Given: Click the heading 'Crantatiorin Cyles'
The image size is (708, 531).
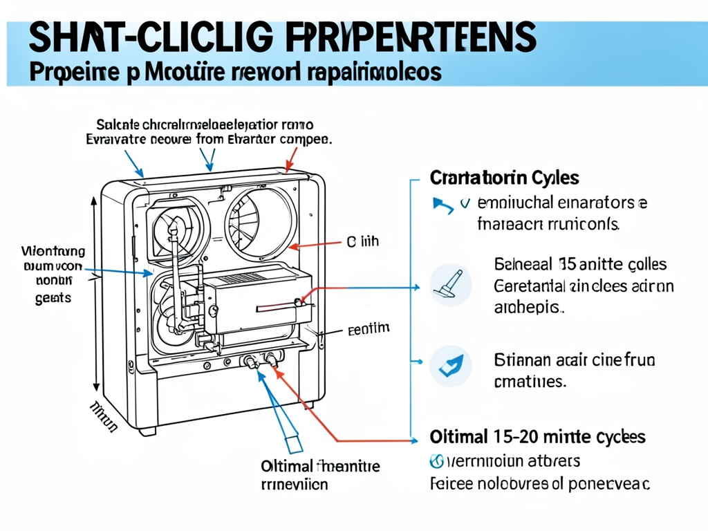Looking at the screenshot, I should pyautogui.click(x=504, y=178).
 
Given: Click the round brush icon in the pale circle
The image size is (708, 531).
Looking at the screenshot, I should pyautogui.click(x=450, y=285).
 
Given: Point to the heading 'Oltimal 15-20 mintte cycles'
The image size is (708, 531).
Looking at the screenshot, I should pyautogui.click(x=537, y=437).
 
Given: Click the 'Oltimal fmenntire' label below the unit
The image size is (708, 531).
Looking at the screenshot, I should pyautogui.click(x=320, y=465).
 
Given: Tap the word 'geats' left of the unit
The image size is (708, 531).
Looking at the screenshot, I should pyautogui.click(x=52, y=297).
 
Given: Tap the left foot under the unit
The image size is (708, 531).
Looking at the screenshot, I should pyautogui.click(x=146, y=431).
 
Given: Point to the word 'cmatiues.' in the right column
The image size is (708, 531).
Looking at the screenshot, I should pyautogui.click(x=530, y=381).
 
